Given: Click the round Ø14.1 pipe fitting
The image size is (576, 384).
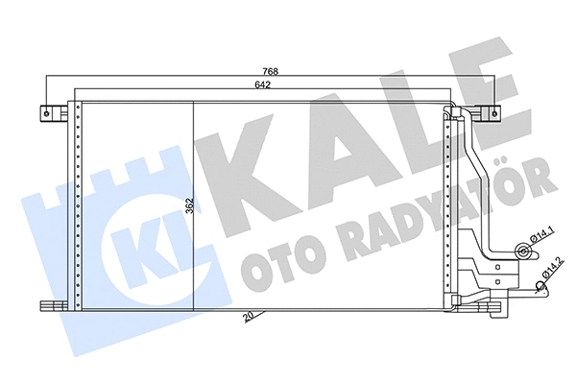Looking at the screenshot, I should [522, 252].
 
